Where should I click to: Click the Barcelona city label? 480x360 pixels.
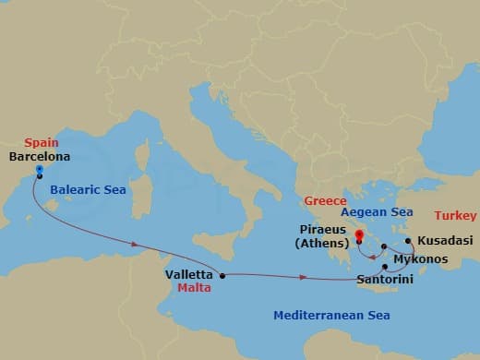point(38,157)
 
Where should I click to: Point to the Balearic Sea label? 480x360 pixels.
point(89,189)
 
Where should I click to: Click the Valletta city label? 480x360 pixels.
point(189,274)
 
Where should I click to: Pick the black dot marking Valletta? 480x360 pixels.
point(222,275)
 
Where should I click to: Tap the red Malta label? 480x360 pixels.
point(194,287)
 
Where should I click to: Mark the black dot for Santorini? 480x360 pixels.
point(385,267)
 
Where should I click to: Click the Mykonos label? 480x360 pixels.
point(422,258)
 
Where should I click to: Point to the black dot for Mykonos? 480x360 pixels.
point(384,246)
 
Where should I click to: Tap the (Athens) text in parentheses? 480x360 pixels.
point(322,244)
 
